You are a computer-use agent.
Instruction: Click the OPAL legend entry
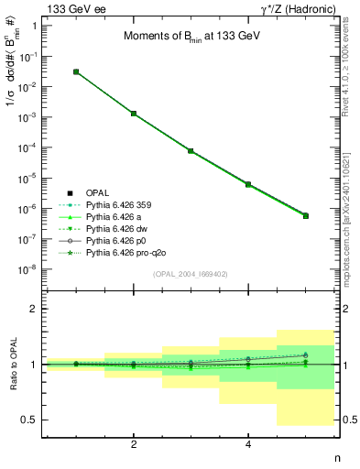click(98, 192)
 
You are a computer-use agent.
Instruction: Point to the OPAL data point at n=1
click(76, 71)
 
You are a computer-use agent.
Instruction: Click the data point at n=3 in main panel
click(191, 150)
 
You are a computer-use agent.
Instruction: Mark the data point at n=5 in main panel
click(305, 215)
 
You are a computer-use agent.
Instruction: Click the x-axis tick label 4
click(248, 444)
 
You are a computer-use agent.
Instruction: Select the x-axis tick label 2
click(134, 444)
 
